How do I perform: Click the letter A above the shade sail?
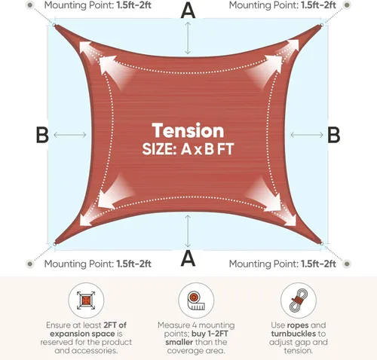[x=188, y=10]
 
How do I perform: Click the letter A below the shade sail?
[x=188, y=258]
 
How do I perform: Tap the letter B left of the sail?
[x=42, y=135]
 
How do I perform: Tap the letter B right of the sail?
[x=334, y=135]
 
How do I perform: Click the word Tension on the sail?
[x=188, y=130]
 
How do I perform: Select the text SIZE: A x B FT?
[x=188, y=149]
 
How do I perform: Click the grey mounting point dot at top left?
[x=30, y=5]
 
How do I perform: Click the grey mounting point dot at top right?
[x=347, y=5]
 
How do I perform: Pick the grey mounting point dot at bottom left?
[x=30, y=264]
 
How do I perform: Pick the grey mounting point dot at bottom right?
[x=347, y=264]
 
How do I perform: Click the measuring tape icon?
[x=196, y=301]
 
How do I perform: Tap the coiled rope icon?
[x=299, y=301]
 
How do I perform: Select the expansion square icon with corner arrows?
[x=86, y=301]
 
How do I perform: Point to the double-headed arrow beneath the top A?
[x=188, y=38]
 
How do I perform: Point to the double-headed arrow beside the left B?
[x=70, y=135]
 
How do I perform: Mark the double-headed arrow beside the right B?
[x=307, y=135]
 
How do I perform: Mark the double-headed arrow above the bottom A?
[x=188, y=231]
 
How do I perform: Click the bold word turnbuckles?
[x=293, y=334]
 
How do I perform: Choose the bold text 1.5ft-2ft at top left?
[x=134, y=5]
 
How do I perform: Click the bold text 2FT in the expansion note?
[x=111, y=325]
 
